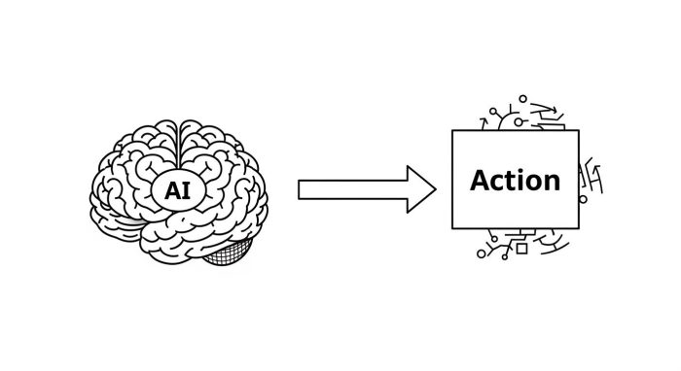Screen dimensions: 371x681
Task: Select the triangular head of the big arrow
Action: coord(420,188)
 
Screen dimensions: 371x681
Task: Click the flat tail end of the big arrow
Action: coord(300,188)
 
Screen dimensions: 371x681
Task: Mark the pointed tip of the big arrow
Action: coord(438,188)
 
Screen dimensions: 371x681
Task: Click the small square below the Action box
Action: coord(521,250)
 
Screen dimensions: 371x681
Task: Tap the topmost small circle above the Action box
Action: coord(522,98)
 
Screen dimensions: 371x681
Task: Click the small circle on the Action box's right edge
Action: coord(581,194)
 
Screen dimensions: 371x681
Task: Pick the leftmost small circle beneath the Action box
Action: coord(480,254)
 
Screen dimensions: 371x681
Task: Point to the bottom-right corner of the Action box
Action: coord(579,229)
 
